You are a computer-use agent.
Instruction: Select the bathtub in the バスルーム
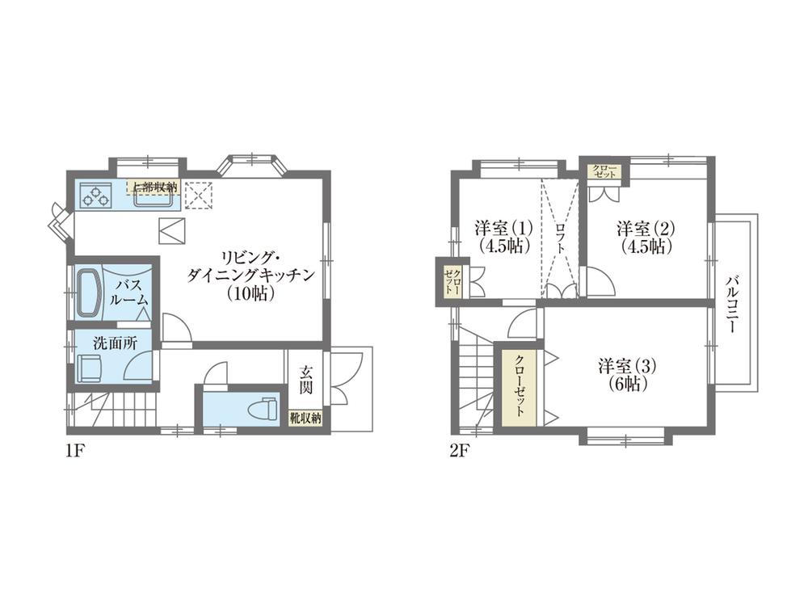click(89, 289)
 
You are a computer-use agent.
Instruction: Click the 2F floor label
click(460, 451)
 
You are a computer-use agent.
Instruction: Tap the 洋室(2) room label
click(646, 236)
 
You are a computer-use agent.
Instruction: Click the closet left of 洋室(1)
click(452, 280)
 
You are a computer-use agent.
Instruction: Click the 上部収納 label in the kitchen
click(155, 187)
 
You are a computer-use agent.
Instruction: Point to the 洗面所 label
click(115, 342)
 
